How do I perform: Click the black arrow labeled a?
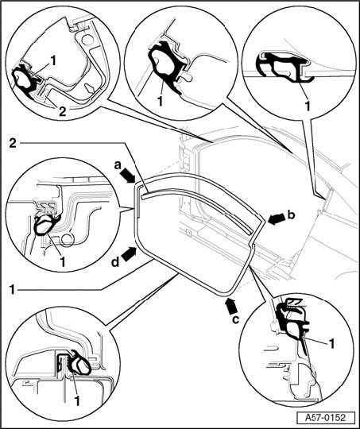(x=127, y=176)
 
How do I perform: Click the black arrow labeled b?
(x=277, y=219)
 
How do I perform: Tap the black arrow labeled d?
(x=130, y=253)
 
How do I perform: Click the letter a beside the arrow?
(x=118, y=165)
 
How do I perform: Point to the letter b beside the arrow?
(x=292, y=215)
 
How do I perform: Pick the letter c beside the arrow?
(x=236, y=319)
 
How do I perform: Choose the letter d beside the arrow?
(x=115, y=262)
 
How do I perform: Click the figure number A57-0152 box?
(x=325, y=418)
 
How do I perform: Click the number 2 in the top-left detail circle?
(x=63, y=111)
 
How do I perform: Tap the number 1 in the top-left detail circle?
(x=53, y=60)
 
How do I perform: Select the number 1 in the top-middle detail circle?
(x=161, y=101)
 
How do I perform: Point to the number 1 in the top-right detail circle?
(x=308, y=106)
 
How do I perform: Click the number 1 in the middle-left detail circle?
(x=63, y=262)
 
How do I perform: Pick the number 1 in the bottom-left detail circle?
(x=77, y=401)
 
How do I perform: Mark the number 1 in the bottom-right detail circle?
(x=331, y=344)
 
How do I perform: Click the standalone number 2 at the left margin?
(x=13, y=143)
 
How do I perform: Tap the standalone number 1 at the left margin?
(x=12, y=290)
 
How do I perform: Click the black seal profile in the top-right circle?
(x=285, y=67)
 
